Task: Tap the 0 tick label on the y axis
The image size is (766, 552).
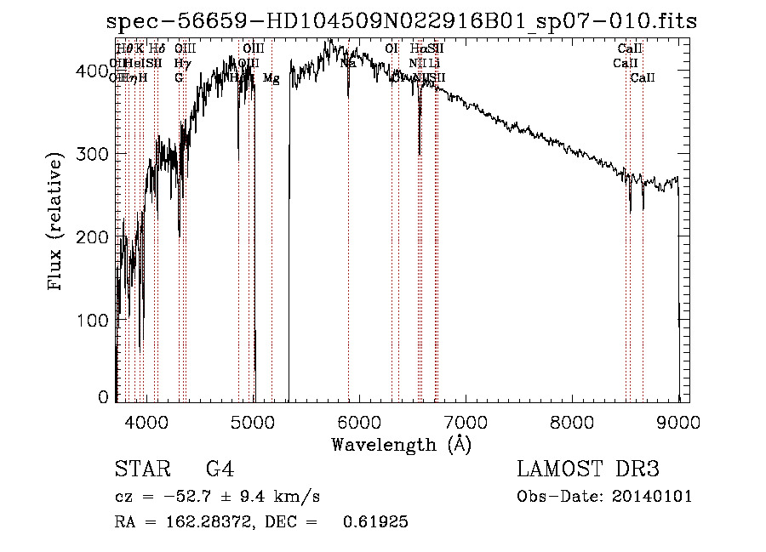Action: (x=104, y=397)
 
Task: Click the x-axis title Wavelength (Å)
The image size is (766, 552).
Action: (x=401, y=444)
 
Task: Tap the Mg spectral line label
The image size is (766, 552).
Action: (x=271, y=78)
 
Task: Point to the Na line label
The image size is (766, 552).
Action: (x=347, y=63)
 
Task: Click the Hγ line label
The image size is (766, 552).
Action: (x=180, y=63)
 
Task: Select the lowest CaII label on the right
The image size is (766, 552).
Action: (x=642, y=78)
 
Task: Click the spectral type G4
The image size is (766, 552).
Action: (x=220, y=469)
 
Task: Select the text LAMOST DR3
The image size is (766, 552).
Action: (x=588, y=469)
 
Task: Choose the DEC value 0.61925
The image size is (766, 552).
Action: (x=375, y=522)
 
